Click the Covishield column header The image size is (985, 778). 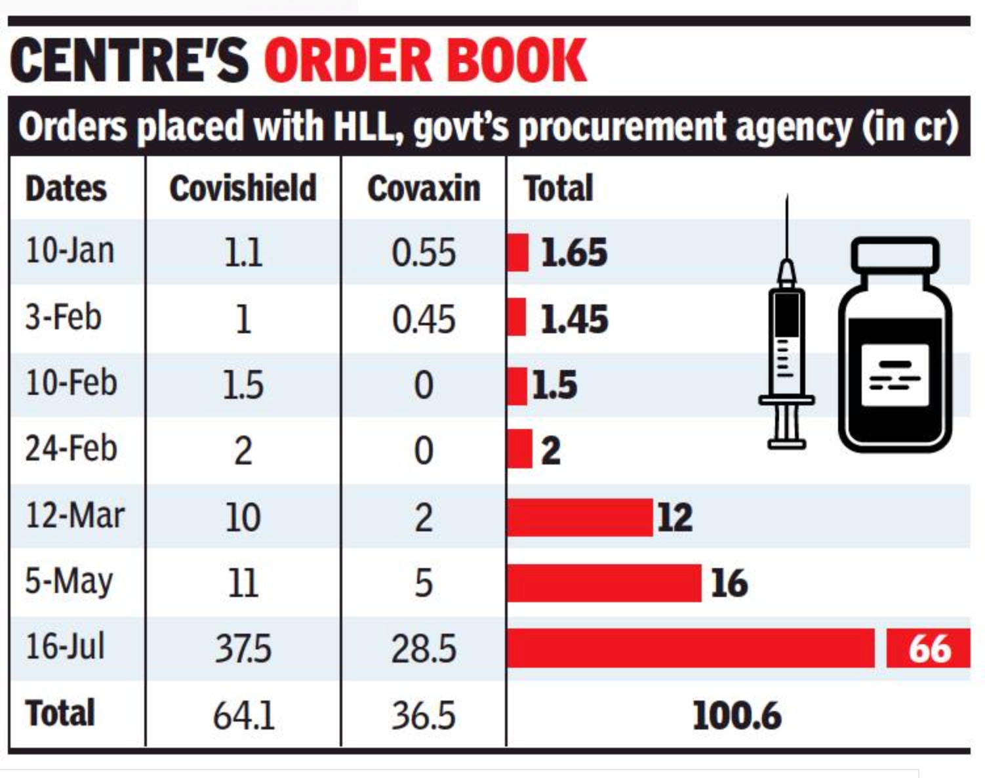pyautogui.click(x=243, y=189)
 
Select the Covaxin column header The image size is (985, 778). pyautogui.click(x=424, y=189)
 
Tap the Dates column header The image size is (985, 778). pyautogui.click(x=66, y=189)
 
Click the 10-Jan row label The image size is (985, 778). pyautogui.click(x=70, y=251)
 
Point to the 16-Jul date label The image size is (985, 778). pyautogui.click(x=65, y=647)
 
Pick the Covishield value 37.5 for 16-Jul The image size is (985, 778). pyautogui.click(x=243, y=649)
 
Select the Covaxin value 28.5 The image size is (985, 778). pyautogui.click(x=424, y=649)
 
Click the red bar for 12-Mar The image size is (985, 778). pyautogui.click(x=580, y=517)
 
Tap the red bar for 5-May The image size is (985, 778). pyautogui.click(x=604, y=583)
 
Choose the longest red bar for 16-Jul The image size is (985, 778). pyautogui.click(x=691, y=648)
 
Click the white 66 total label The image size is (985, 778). pyautogui.click(x=929, y=649)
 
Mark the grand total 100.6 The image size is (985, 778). pyautogui.click(x=736, y=715)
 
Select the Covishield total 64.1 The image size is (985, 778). pyautogui.click(x=243, y=715)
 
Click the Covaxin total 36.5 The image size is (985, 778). pyautogui.click(x=424, y=715)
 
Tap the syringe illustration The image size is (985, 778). pyautogui.click(x=786, y=341)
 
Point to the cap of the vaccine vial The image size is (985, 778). pyautogui.click(x=895, y=253)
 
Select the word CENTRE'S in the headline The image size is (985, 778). pyautogui.click(x=129, y=60)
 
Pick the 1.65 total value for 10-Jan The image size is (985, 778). pyautogui.click(x=574, y=253)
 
